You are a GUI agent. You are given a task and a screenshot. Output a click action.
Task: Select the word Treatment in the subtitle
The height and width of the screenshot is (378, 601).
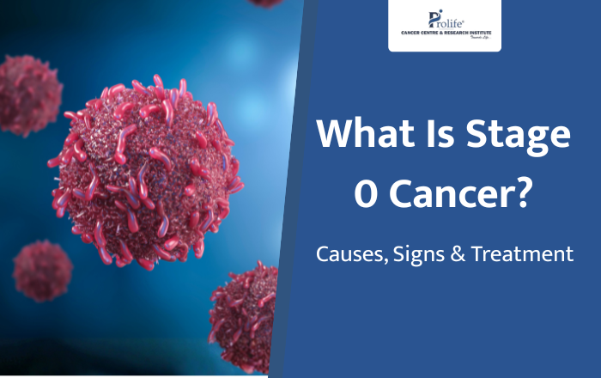tap(524, 255)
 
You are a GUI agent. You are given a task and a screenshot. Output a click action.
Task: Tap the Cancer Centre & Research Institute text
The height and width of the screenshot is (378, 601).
tap(445, 32)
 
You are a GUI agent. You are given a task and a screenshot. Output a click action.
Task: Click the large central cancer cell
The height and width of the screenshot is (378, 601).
tap(146, 172)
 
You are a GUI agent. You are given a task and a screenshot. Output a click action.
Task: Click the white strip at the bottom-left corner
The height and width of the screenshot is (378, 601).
tap(129, 375)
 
